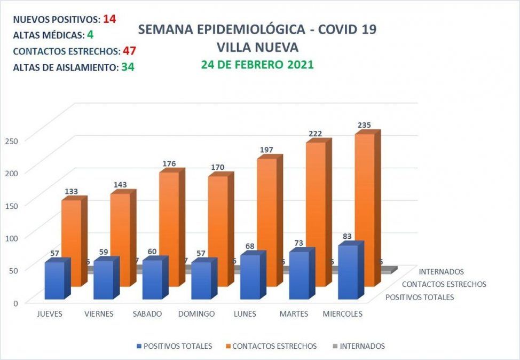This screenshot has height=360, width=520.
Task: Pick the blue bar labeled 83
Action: pyautogui.click(x=348, y=272)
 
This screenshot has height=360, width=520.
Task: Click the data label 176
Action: pyautogui.click(x=169, y=163)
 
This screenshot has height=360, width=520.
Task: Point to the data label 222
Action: pyautogui.click(x=316, y=134)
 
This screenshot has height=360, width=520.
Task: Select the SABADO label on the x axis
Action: pyautogui.click(x=147, y=314)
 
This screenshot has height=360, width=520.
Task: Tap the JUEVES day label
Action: pyautogui.click(x=50, y=314)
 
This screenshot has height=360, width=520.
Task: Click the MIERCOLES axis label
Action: pyautogui.click(x=343, y=314)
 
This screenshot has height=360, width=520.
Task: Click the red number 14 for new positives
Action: pyautogui.click(x=109, y=19)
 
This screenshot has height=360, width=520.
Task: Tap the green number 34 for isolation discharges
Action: pyautogui.click(x=127, y=68)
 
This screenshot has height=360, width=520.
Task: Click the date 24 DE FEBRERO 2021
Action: pyautogui.click(x=257, y=65)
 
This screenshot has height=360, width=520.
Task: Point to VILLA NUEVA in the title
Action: pyautogui.click(x=257, y=47)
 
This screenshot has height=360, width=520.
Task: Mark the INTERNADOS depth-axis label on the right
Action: pyautogui.click(x=442, y=272)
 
